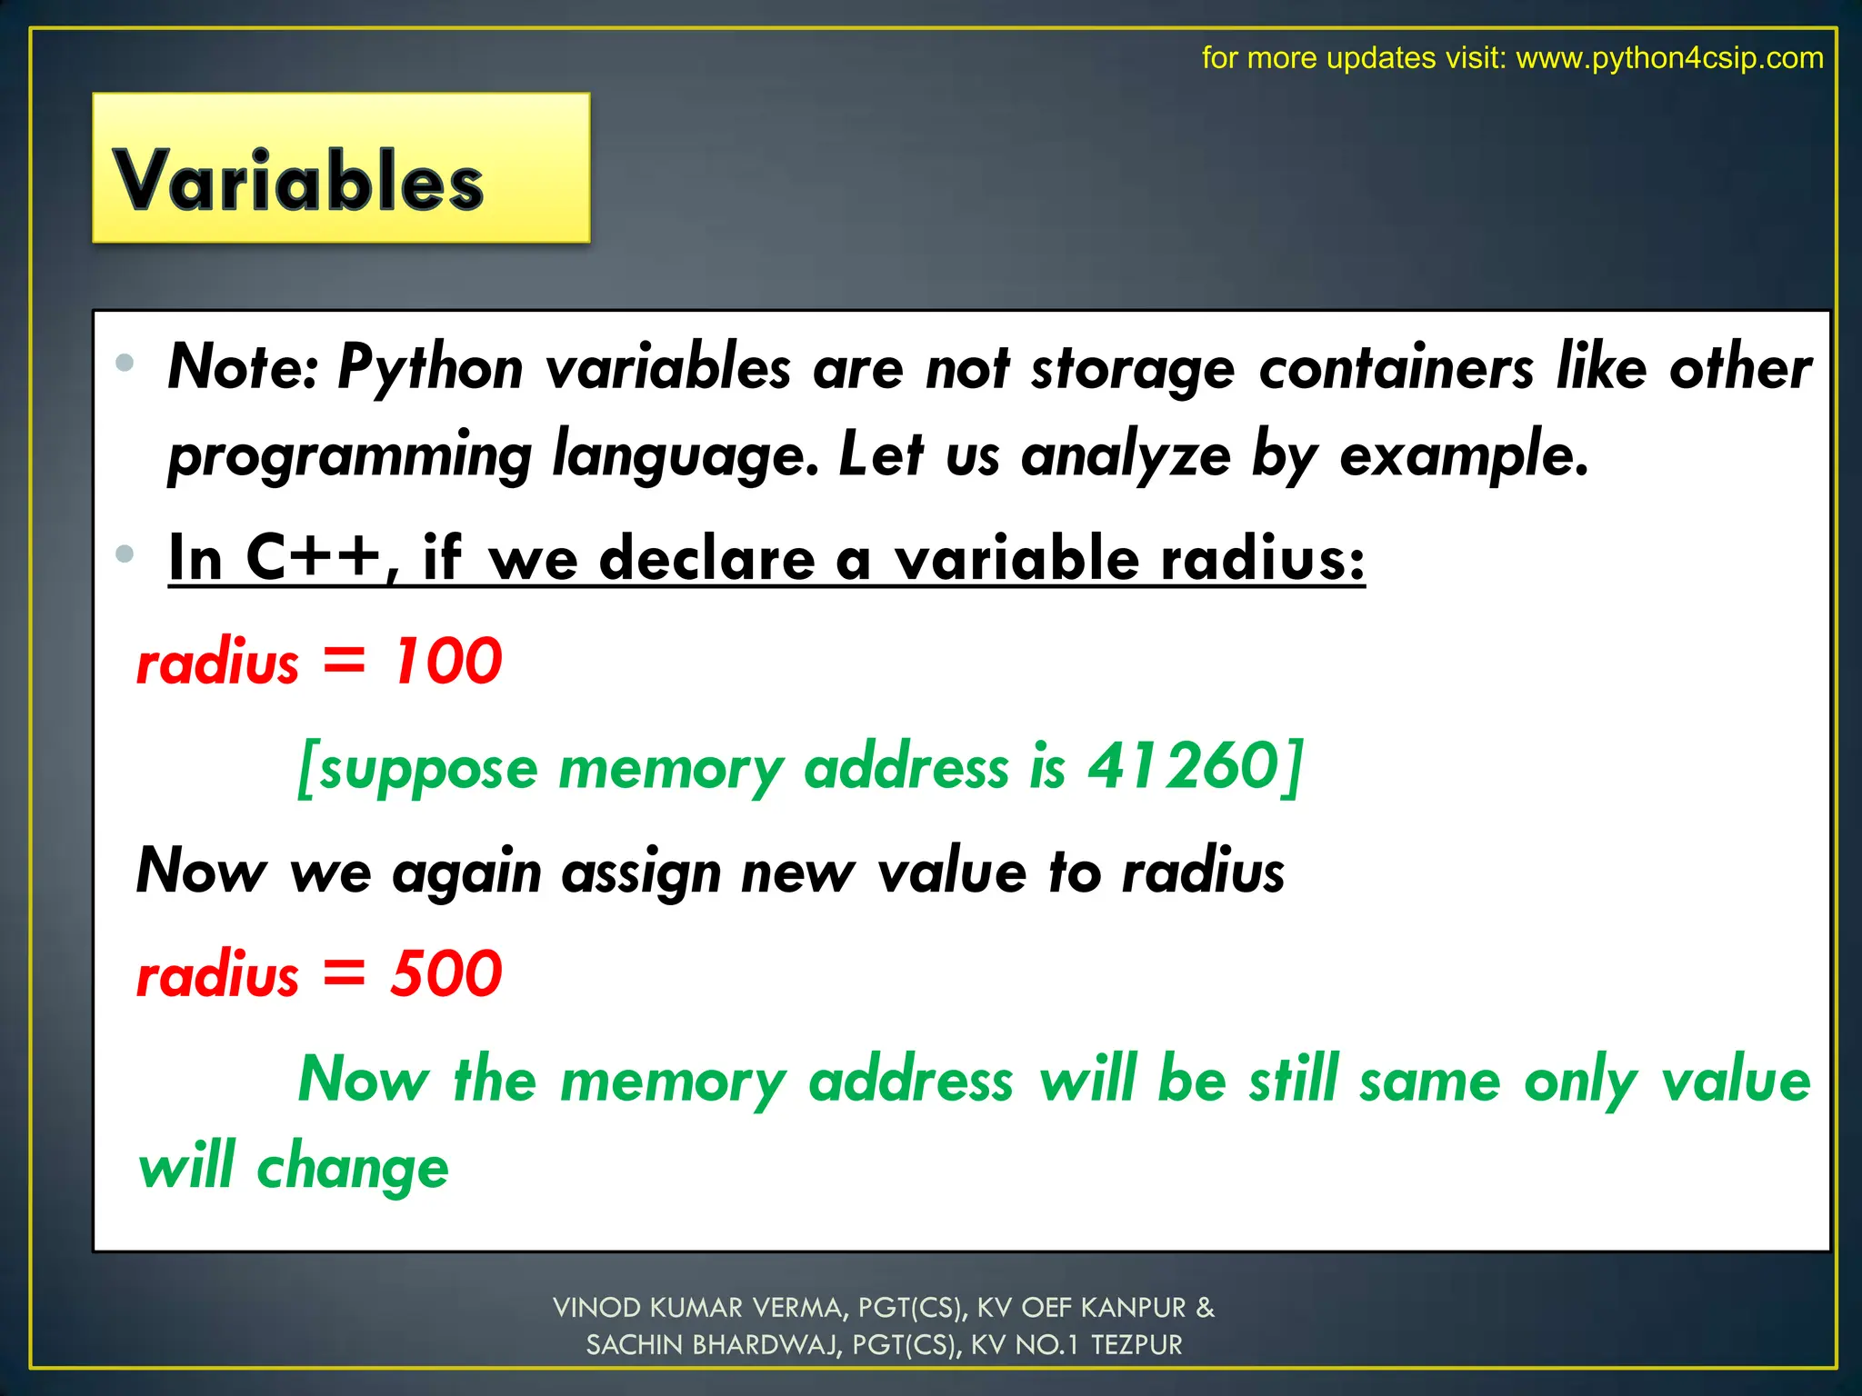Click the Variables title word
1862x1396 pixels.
click(x=298, y=180)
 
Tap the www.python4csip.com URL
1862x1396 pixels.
click(x=1669, y=58)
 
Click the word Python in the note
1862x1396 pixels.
click(x=430, y=369)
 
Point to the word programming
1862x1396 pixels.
click(x=350, y=455)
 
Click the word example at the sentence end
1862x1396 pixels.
click(x=1463, y=455)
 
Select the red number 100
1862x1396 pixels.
click(x=446, y=661)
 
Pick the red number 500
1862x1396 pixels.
click(x=446, y=973)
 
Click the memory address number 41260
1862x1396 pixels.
click(x=1185, y=766)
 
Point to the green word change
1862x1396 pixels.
click(x=353, y=1168)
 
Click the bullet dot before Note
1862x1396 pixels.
click(x=125, y=364)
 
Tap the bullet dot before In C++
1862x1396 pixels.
click(x=125, y=553)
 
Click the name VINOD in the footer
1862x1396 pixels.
click(x=597, y=1308)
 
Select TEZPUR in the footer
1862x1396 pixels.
click(x=1136, y=1345)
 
